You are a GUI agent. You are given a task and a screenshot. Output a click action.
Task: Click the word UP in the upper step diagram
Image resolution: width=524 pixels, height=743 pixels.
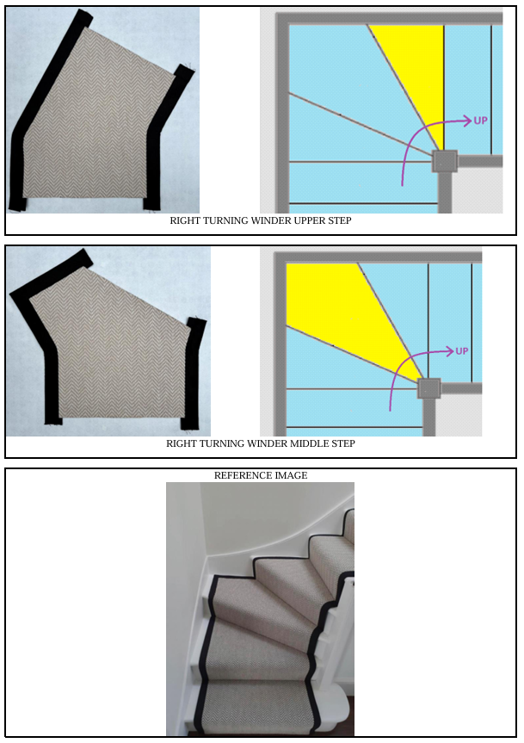tap(480, 121)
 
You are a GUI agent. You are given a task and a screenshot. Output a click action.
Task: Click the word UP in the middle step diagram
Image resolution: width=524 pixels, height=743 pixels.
tap(461, 351)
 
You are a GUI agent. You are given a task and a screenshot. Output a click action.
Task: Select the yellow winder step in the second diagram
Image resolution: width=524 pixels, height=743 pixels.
tap(341, 308)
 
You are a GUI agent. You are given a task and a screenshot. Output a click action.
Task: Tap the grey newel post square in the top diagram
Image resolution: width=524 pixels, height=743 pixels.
tap(445, 162)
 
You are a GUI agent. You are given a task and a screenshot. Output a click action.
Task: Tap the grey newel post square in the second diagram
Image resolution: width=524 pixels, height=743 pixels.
tap(428, 389)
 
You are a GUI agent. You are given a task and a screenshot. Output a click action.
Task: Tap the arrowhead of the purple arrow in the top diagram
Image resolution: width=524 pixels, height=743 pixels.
tap(467, 121)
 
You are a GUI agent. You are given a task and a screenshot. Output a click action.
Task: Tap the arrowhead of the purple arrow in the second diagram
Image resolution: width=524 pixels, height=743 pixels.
tap(449, 351)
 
